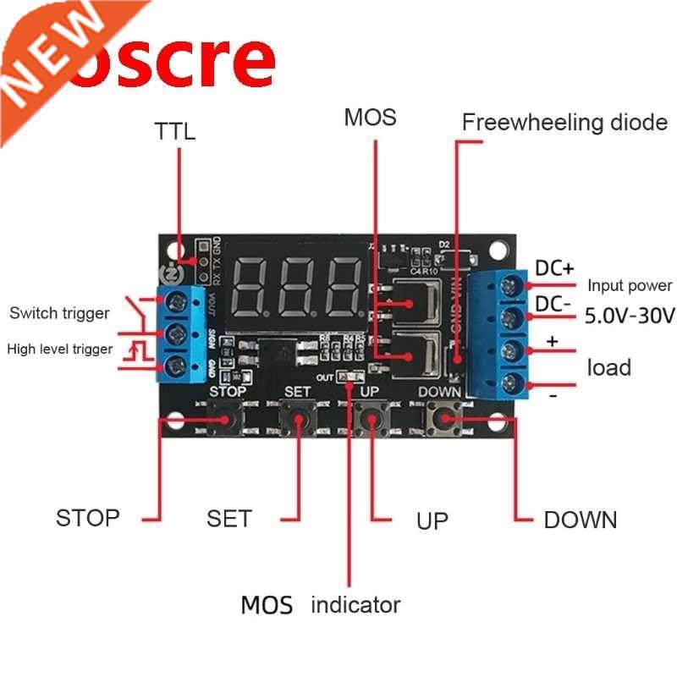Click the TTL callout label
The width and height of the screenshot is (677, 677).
[174, 131]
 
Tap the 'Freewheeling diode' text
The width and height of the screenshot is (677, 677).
[564, 123]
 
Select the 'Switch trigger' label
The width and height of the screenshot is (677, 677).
[59, 313]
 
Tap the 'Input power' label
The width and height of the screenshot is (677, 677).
[630, 286]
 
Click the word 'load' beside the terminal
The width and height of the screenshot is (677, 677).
[609, 367]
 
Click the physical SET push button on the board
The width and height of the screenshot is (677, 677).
[298, 418]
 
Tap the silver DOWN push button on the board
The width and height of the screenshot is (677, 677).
[445, 417]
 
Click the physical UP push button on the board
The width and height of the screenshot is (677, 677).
[371, 418]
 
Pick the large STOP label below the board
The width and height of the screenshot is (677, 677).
[88, 518]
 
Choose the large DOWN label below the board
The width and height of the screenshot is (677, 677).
[580, 520]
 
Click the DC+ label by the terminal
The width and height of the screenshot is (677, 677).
[556, 267]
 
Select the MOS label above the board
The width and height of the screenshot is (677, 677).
[370, 118]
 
